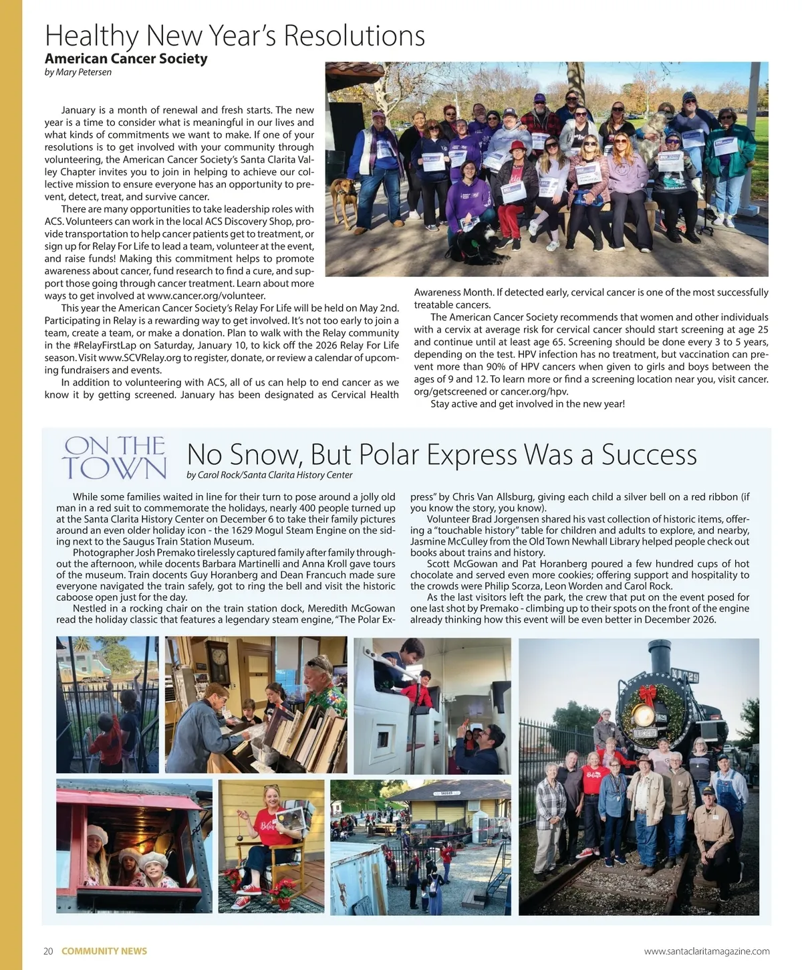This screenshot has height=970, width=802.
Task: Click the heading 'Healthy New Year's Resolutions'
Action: pyautogui.click(x=235, y=35)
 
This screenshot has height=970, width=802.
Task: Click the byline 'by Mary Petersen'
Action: pyautogui.click(x=78, y=72)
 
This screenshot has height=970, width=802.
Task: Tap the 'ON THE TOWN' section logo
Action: pyautogui.click(x=115, y=458)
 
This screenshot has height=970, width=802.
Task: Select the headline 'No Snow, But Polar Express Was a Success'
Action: pyautogui.click(x=442, y=454)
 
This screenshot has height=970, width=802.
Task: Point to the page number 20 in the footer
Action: pyautogui.click(x=48, y=951)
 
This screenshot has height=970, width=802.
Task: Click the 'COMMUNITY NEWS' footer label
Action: pyautogui.click(x=104, y=951)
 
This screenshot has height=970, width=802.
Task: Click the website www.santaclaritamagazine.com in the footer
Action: pyautogui.click(x=706, y=951)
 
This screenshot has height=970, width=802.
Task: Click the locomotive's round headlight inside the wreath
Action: pyautogui.click(x=644, y=715)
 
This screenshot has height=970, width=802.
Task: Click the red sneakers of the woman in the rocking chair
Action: pyautogui.click(x=251, y=889)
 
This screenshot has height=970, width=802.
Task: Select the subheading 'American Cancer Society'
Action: pyautogui.click(x=126, y=58)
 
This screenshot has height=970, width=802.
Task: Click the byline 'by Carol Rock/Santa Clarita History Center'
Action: pyautogui.click(x=269, y=475)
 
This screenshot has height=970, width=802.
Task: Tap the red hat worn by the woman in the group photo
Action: pyautogui.click(x=517, y=147)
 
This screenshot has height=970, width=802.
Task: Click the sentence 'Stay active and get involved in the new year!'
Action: pyautogui.click(x=527, y=403)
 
